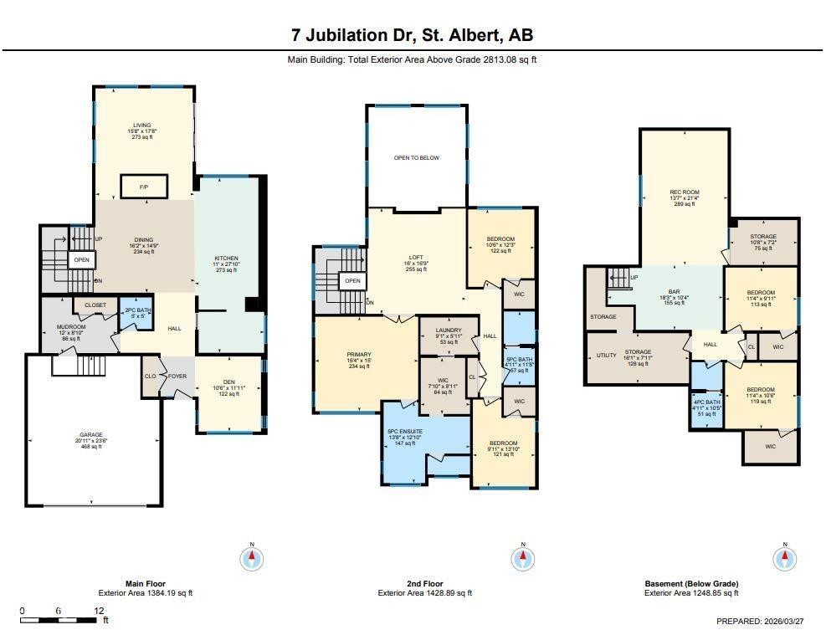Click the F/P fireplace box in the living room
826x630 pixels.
tap(144, 187)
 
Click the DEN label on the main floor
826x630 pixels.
tap(228, 382)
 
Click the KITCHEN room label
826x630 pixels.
tap(226, 259)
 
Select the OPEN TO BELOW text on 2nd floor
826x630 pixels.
tap(417, 157)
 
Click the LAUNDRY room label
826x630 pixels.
tap(449, 330)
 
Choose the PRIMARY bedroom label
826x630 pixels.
tap(358, 355)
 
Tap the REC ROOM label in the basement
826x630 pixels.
tap(684, 192)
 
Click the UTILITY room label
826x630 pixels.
tap(606, 356)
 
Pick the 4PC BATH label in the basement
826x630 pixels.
tap(706, 402)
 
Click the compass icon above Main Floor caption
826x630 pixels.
tap(252, 559)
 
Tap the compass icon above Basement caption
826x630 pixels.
tap(785, 559)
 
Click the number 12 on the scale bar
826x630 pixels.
tap(99, 611)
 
